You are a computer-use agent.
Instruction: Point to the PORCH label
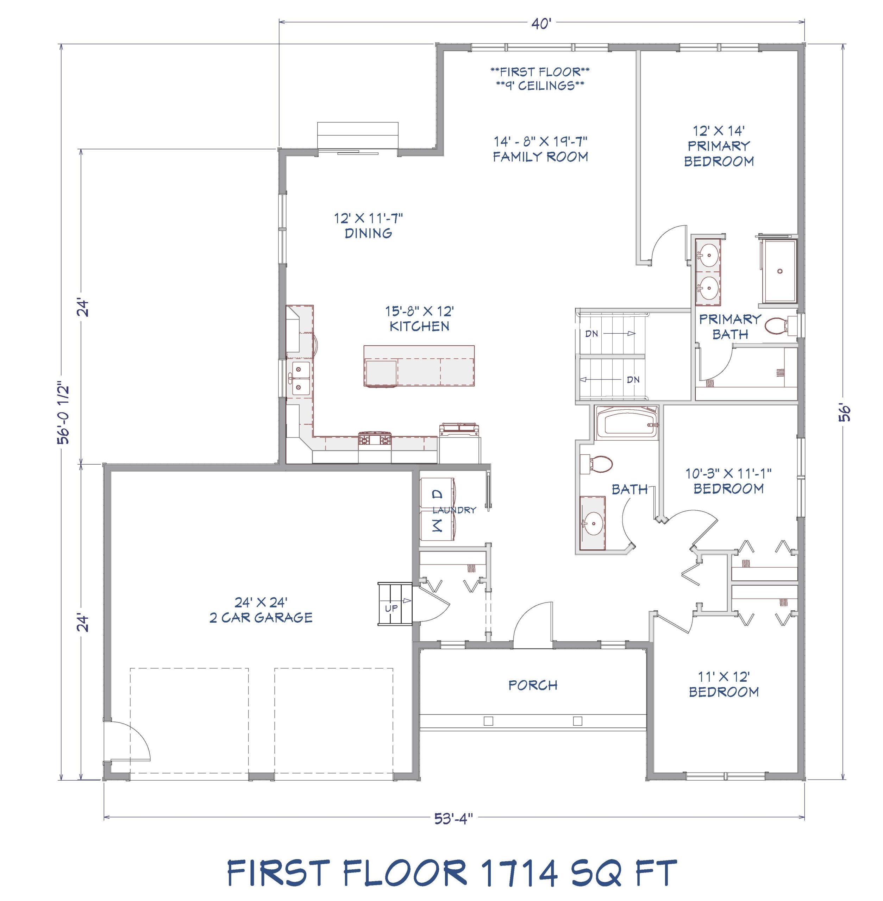coord(533,685)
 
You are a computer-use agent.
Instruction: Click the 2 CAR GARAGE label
coord(261,617)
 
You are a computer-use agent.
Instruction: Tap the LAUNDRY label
coord(454,510)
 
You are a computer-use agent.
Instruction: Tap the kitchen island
coord(419,365)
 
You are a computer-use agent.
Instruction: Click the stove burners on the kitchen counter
coord(375,439)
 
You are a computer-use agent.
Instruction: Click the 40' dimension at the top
coord(541,24)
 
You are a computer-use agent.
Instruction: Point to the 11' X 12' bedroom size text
coord(724,676)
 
